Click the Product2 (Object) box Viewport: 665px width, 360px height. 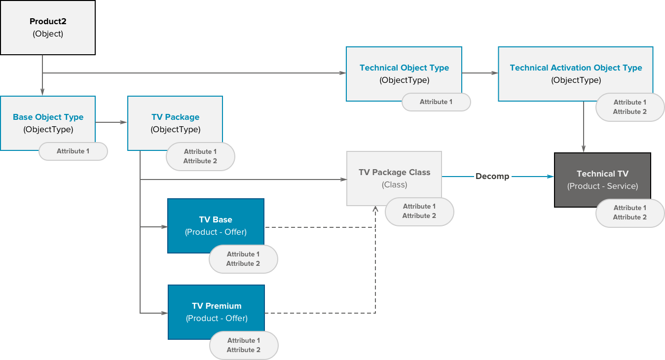click(x=47, y=28)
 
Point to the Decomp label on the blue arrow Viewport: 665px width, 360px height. click(x=492, y=176)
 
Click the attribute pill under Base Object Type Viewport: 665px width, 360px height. click(x=73, y=151)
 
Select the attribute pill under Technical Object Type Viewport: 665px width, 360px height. click(x=436, y=102)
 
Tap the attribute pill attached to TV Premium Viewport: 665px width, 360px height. click(x=244, y=345)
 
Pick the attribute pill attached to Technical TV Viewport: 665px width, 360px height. click(x=630, y=213)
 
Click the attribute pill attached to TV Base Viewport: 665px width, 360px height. click(x=243, y=258)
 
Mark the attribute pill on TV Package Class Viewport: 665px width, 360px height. click(x=419, y=211)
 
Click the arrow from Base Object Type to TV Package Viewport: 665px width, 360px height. click(x=111, y=122)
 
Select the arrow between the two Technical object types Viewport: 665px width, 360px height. click(x=480, y=73)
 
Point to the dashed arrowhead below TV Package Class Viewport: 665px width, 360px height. click(x=375, y=209)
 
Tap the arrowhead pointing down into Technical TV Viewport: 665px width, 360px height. click(x=584, y=149)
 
